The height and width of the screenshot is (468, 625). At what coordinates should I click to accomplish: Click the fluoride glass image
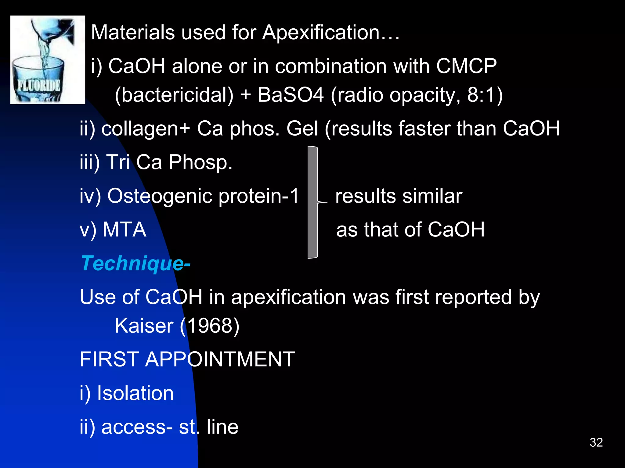tap(48, 60)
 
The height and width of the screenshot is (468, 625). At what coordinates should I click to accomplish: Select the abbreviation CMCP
tap(466, 66)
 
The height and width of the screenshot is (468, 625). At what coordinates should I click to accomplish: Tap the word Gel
tap(302, 129)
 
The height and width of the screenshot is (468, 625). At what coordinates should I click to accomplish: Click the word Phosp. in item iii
tap(201, 162)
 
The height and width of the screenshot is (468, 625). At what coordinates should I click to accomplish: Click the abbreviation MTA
tap(124, 229)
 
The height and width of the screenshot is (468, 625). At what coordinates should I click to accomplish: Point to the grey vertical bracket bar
tap(312, 202)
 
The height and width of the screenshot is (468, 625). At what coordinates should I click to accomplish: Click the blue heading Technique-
tap(135, 263)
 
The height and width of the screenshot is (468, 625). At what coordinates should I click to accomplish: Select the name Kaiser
tap(144, 326)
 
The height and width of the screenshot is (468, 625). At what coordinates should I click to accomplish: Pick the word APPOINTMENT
tap(220, 359)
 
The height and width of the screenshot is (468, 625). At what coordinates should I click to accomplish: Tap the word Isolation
tap(135, 393)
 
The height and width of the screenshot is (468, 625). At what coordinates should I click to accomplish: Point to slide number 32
tap(596, 442)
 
